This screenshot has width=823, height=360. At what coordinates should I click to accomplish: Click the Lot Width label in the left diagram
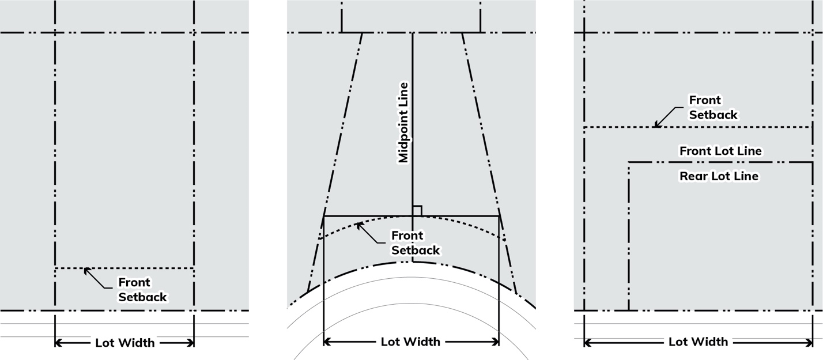click(124, 343)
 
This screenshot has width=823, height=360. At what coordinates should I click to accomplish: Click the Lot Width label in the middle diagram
click(410, 342)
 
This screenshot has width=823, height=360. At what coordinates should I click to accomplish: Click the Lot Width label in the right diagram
click(698, 342)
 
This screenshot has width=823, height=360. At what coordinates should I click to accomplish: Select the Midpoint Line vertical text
click(403, 123)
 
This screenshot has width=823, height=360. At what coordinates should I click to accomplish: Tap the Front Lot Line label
click(720, 151)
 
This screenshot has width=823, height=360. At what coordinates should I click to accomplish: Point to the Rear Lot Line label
click(719, 176)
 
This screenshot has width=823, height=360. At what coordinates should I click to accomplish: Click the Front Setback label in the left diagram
click(142, 290)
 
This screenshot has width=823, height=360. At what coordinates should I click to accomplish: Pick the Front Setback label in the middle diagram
click(415, 243)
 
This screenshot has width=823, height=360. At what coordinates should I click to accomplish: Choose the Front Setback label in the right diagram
click(713, 108)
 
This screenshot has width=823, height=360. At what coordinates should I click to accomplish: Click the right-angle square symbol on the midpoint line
click(417, 211)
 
